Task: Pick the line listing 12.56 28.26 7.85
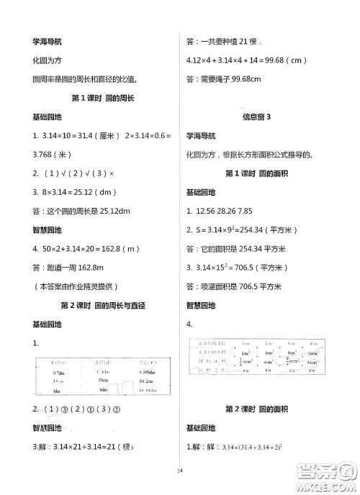click(230, 211)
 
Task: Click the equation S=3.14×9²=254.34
click(246, 230)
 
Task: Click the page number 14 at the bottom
click(180, 471)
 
